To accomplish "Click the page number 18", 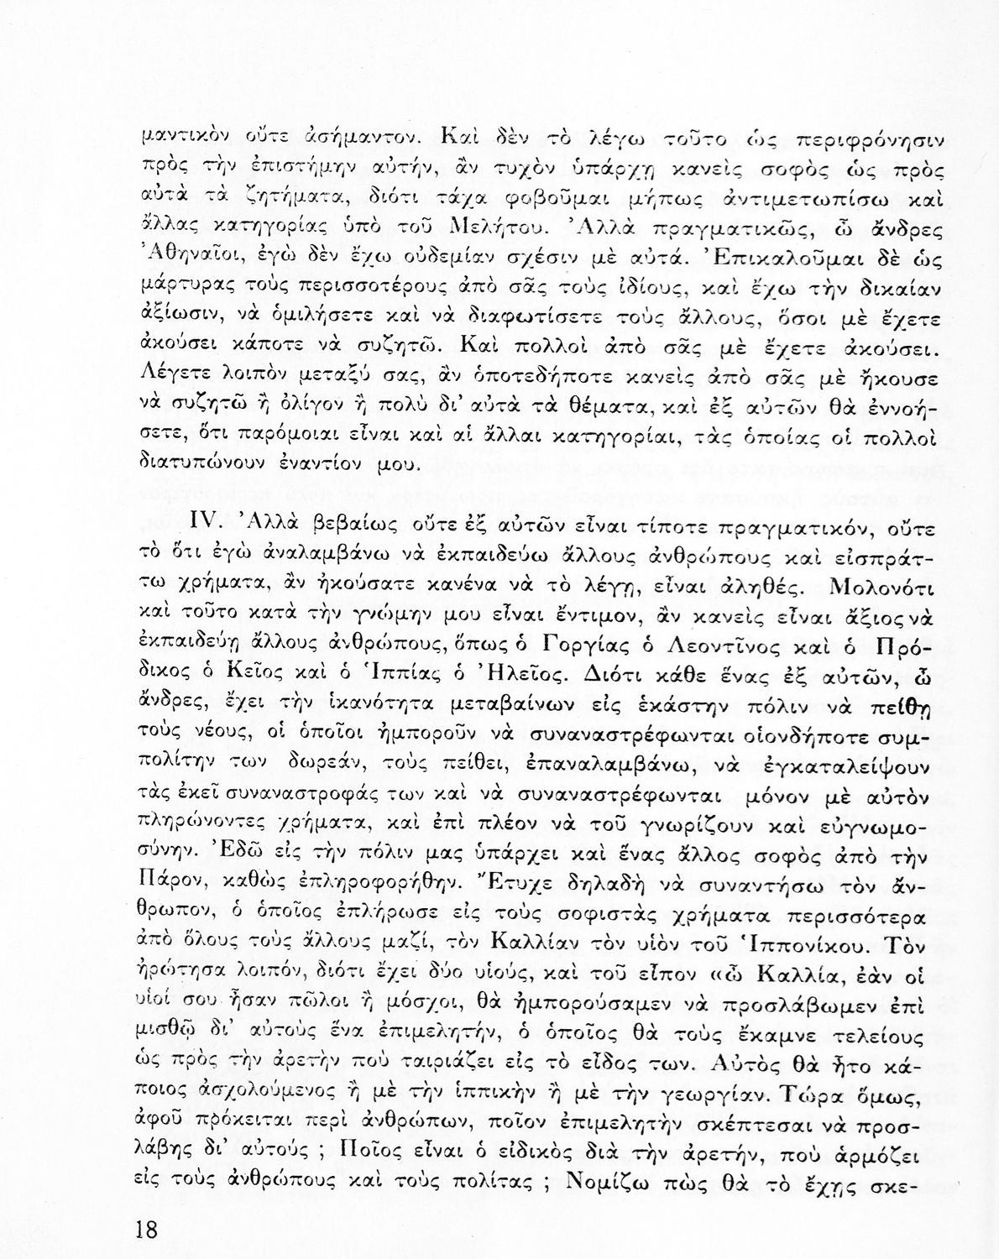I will click(145, 1231).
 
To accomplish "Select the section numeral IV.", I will click(205, 525).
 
